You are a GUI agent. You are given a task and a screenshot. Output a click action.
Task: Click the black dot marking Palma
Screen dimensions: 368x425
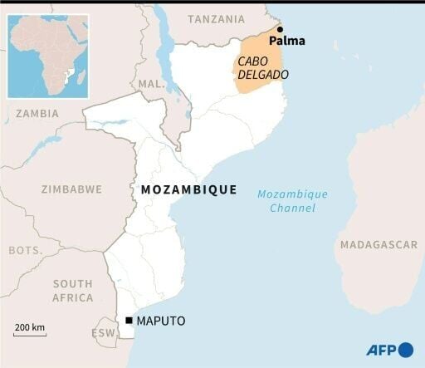point(280,29)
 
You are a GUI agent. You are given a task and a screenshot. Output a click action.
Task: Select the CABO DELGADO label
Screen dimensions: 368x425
point(263,68)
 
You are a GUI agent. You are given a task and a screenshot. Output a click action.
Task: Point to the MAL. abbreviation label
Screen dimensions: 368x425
point(151,84)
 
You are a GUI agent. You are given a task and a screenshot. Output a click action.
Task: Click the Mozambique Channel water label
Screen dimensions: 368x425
point(292,201)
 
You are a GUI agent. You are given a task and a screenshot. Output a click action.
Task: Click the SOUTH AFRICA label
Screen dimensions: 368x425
point(72,291)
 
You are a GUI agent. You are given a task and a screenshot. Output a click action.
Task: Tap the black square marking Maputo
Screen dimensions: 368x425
point(129,321)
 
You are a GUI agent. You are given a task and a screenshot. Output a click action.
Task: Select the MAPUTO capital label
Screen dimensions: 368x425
point(162,321)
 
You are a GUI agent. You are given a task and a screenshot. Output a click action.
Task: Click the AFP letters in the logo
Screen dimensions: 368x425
point(381,349)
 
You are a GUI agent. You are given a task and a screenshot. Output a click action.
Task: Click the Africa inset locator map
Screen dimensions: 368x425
point(48,56)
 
